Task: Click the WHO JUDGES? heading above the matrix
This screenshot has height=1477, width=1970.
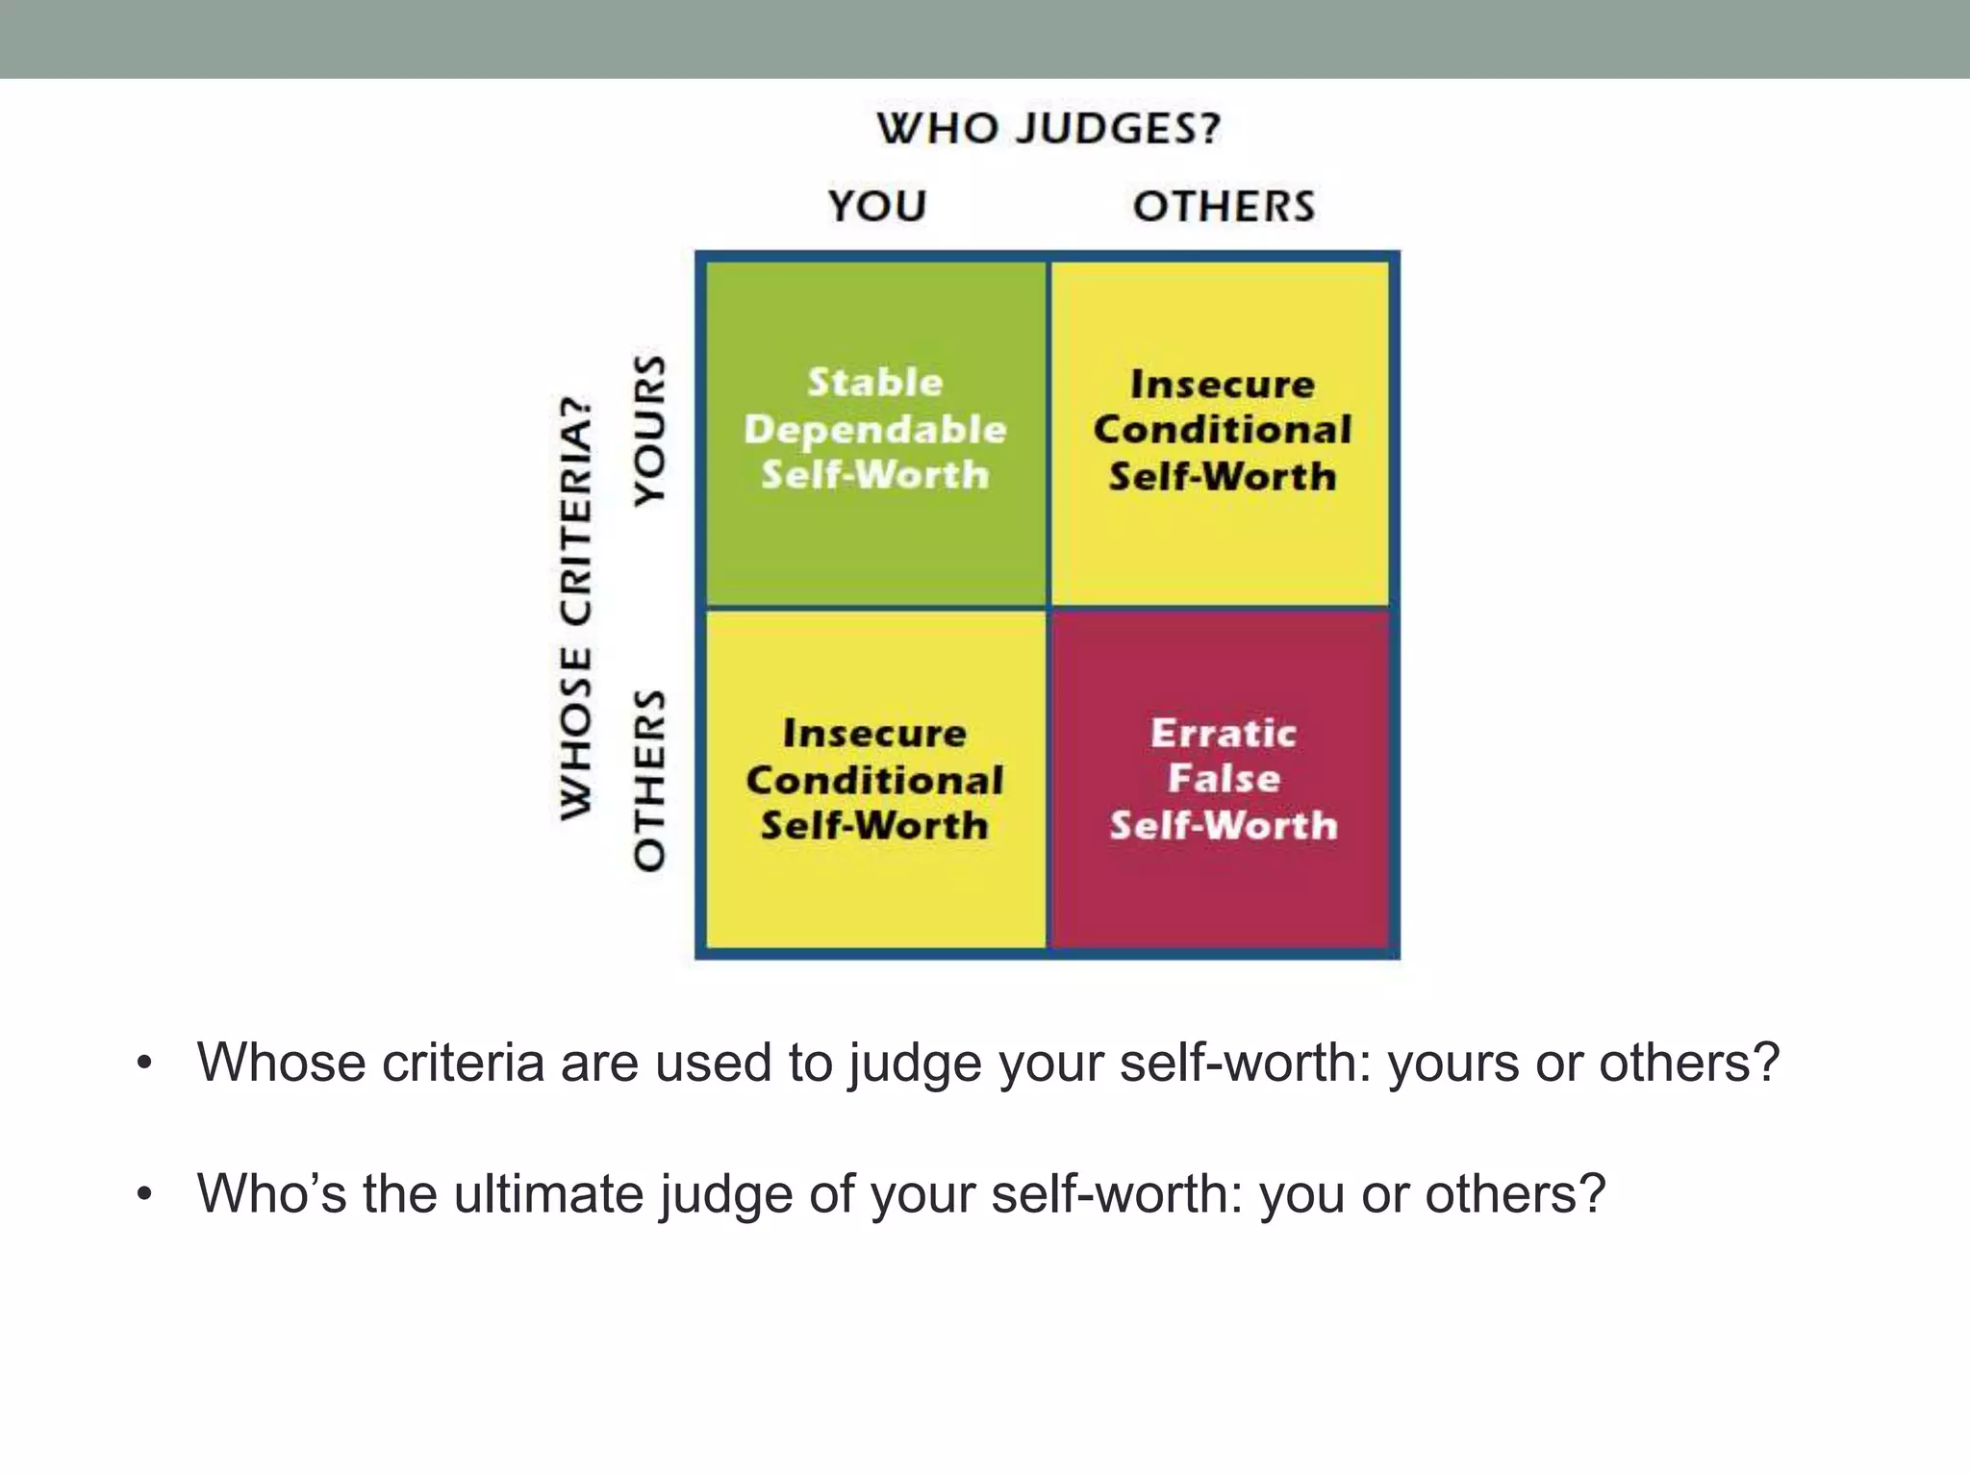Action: point(1048,129)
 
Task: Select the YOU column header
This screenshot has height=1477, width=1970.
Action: point(877,206)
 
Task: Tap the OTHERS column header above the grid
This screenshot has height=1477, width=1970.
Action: point(1224,206)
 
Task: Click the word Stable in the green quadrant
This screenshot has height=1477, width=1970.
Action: point(875,383)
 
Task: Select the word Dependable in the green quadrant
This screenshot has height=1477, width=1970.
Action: point(875,429)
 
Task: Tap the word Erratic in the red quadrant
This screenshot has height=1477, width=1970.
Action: point(1224,734)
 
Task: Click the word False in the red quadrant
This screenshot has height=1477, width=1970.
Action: point(1224,779)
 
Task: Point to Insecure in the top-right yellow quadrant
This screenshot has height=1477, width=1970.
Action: point(1223,385)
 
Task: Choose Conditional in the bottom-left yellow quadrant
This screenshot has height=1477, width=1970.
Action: point(875,780)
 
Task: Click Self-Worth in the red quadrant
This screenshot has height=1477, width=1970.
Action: point(1224,826)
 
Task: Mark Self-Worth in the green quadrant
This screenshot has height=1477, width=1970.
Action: point(875,475)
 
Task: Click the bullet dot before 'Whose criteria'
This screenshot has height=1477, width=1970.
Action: point(144,1064)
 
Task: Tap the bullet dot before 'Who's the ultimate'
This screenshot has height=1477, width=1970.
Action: point(144,1195)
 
